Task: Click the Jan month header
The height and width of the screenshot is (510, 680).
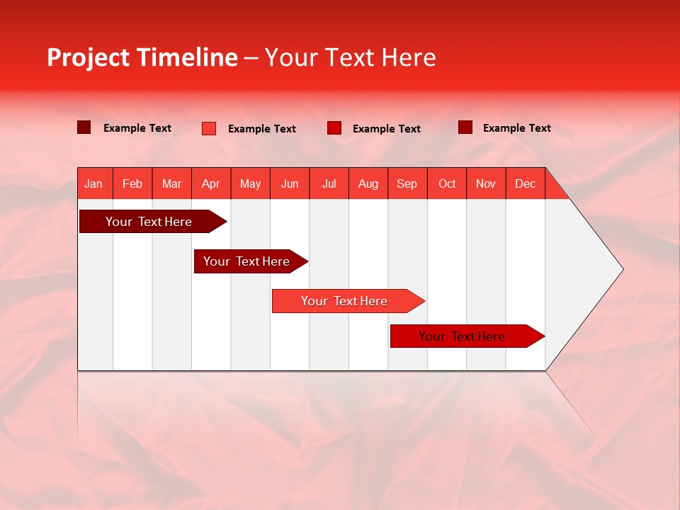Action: pos(94,183)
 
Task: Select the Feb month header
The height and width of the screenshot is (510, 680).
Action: pos(132,183)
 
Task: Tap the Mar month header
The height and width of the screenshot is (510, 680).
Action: pos(171,183)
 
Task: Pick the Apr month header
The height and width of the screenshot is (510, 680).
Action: pos(211,183)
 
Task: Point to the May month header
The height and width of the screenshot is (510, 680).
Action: pos(250,183)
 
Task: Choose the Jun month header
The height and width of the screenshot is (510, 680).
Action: pos(290,183)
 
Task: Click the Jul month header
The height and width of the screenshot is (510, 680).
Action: pos(329,183)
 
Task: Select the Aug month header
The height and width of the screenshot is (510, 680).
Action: pos(368,183)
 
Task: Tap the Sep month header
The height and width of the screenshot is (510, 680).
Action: pos(407,183)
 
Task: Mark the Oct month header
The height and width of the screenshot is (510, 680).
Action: pos(447,183)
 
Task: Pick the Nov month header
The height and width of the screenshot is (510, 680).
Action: pos(486,183)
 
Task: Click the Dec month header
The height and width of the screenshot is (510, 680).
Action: pos(525,183)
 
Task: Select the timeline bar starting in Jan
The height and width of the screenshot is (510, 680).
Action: pos(149,222)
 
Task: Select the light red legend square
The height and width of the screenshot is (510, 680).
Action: pos(209,128)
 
